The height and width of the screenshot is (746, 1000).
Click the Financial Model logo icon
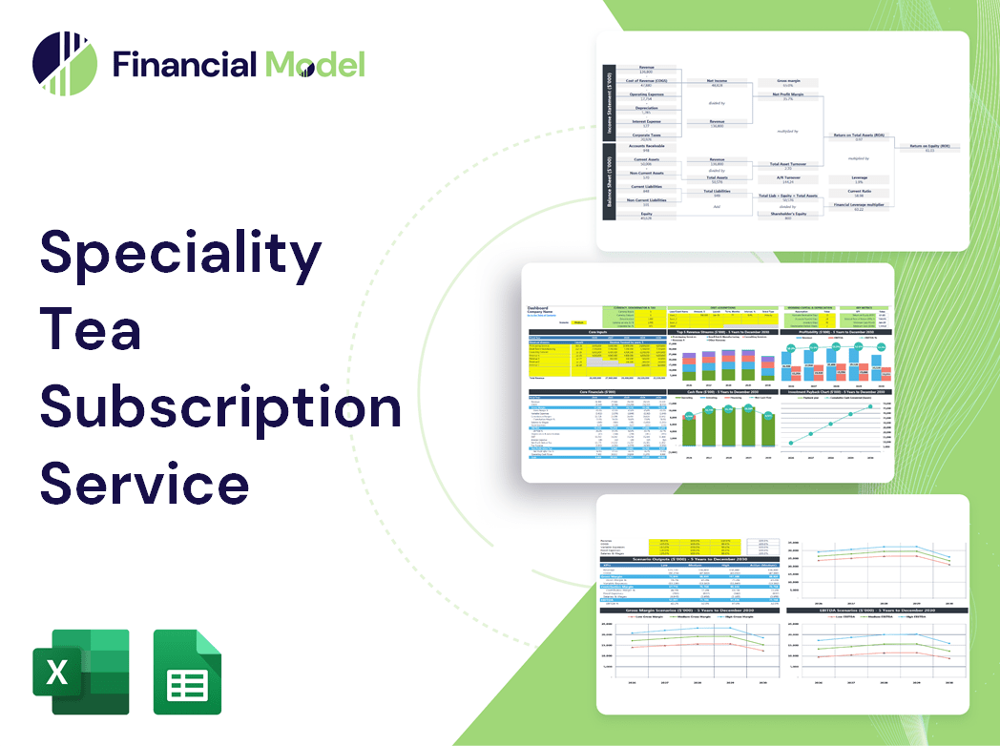(x=65, y=64)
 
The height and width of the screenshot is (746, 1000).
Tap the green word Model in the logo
(x=315, y=64)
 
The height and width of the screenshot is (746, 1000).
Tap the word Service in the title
(x=144, y=483)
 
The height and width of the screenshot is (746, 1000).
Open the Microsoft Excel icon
(x=81, y=672)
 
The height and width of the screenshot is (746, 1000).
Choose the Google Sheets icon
(x=187, y=672)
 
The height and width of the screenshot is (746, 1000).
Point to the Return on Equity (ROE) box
(x=928, y=147)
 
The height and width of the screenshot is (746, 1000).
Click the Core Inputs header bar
(x=596, y=332)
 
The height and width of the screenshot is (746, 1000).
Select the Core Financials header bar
(x=596, y=391)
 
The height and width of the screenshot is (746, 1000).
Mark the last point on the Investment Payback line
(x=870, y=407)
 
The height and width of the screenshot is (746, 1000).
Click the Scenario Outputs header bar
(x=687, y=559)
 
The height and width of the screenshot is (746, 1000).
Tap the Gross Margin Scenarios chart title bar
(x=687, y=610)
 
